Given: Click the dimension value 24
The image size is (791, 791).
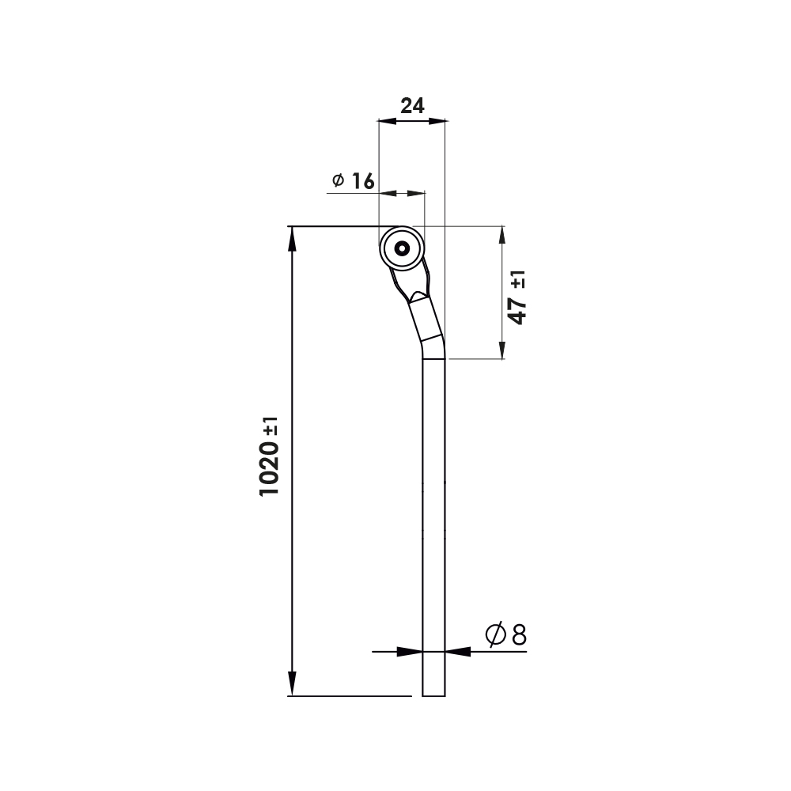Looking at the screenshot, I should (x=412, y=106).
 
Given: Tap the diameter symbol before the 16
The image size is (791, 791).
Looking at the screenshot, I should (x=338, y=181).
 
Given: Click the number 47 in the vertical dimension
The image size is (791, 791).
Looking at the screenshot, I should (x=518, y=312).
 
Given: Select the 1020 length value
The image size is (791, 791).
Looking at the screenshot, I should (x=270, y=470).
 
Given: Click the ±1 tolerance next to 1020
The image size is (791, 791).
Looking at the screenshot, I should (x=271, y=430).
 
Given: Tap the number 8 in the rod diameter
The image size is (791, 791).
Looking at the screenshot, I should (x=519, y=634).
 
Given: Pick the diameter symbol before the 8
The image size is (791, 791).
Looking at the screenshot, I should (x=496, y=634).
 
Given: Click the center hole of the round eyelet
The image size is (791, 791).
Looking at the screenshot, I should (x=402, y=248).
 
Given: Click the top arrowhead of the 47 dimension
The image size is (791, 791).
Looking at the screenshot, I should (x=501, y=237).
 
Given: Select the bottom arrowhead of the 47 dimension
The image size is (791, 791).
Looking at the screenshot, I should (x=501, y=349).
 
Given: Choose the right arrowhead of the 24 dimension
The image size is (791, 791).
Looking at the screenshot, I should (x=437, y=121).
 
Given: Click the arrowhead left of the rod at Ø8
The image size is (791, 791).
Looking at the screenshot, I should (x=410, y=652).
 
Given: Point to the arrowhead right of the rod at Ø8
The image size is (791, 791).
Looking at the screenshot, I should (x=458, y=652).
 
